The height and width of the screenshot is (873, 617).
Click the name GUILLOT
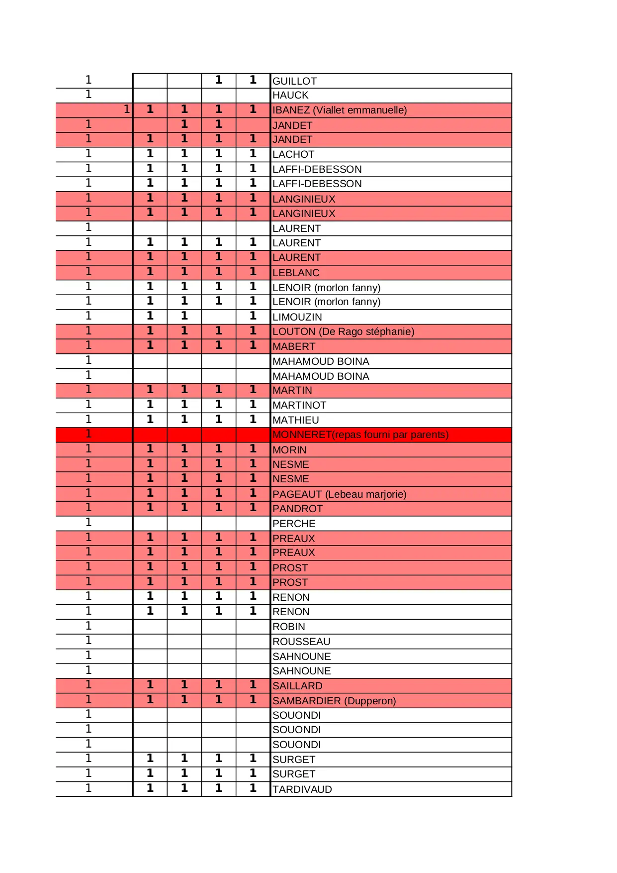tap(294, 81)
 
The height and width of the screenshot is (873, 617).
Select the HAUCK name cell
tap(290, 96)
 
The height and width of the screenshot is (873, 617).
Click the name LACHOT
tap(293, 154)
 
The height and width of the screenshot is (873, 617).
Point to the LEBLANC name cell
tap(296, 273)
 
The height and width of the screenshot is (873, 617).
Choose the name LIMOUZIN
tap(297, 317)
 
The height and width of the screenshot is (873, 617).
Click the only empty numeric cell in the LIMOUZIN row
tap(219, 317)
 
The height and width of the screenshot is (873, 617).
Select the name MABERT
tap(294, 346)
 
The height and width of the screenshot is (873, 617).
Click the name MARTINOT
tap(299, 405)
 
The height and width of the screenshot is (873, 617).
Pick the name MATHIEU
tap(296, 420)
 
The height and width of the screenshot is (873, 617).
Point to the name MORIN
tap(289, 450)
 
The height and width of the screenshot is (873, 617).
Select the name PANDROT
tap(297, 509)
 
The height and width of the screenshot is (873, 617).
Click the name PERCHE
tap(294, 524)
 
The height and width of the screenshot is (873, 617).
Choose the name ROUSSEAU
tap(301, 642)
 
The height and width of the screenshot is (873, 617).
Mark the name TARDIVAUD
tap(302, 789)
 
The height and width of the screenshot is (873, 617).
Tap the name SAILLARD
tap(297, 686)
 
